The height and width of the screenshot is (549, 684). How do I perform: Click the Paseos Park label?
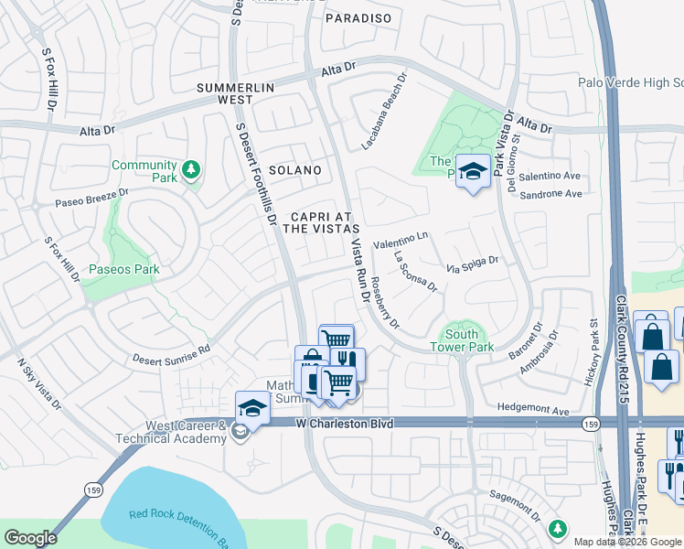tap(124, 269)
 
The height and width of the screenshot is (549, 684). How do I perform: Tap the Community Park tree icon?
tap(191, 169)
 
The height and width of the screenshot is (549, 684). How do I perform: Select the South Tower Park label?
tap(462, 340)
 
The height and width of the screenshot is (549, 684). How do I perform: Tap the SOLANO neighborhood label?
tap(295, 171)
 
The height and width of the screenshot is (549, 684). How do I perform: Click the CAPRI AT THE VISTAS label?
tap(320, 222)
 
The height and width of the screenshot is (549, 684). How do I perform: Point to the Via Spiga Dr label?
tap(472, 264)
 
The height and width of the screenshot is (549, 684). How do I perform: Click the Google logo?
tap(29, 538)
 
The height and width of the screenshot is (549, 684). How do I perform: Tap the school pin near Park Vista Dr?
tap(473, 171)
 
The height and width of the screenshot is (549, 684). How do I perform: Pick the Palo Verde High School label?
tap(630, 82)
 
